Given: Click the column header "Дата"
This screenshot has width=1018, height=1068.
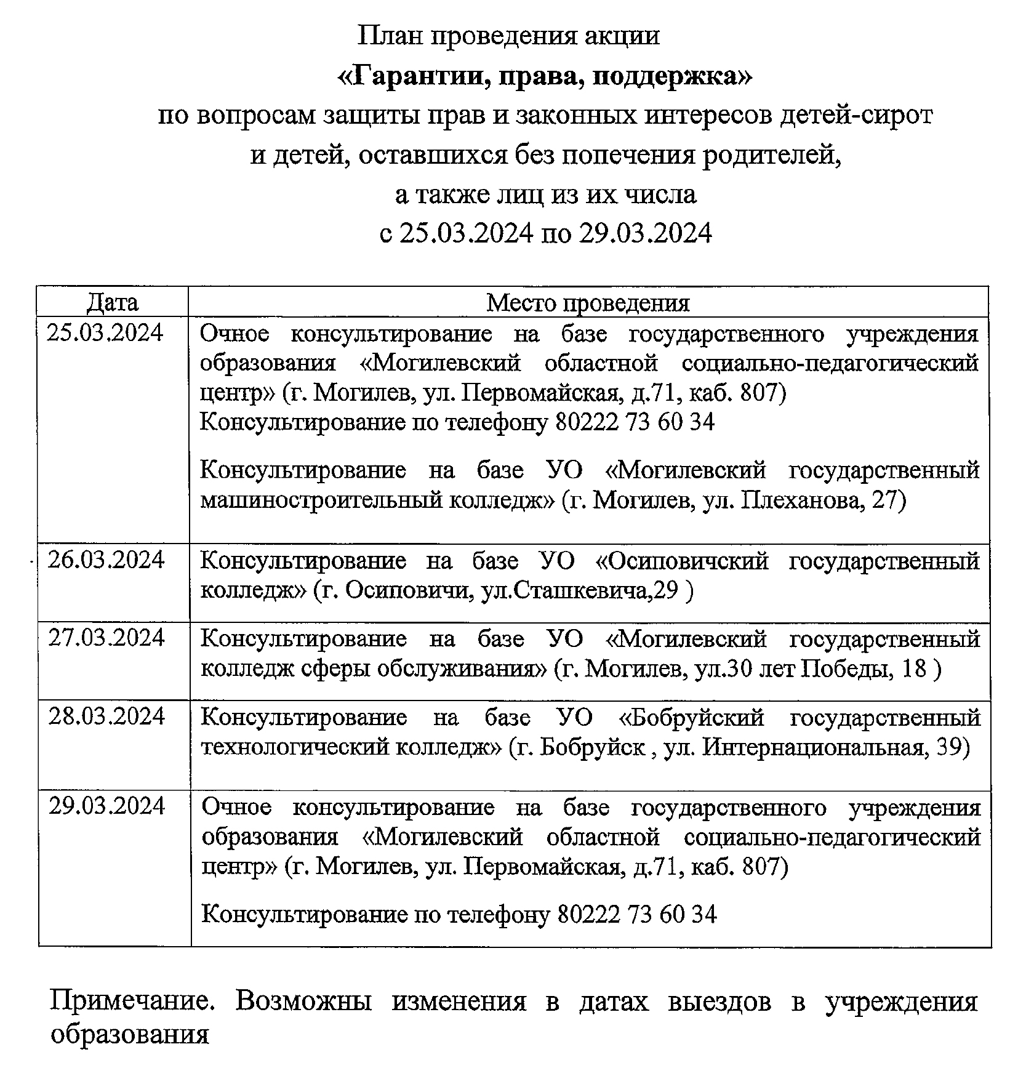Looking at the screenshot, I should (x=112, y=302).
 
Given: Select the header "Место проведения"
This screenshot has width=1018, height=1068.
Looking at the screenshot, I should (x=588, y=303).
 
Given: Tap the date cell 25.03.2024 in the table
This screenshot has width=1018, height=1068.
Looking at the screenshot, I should (x=105, y=333).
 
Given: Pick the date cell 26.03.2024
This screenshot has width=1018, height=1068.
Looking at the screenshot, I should (x=106, y=560).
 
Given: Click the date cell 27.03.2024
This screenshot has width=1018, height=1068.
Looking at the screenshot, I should (x=106, y=638).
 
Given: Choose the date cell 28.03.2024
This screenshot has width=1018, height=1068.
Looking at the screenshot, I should (x=106, y=717).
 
